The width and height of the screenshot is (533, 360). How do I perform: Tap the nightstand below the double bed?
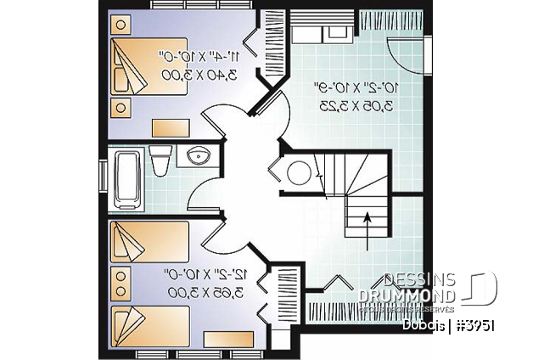(119, 109)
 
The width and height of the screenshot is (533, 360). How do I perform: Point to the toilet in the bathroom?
(159, 160)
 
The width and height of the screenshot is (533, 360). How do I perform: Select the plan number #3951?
(478, 325)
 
